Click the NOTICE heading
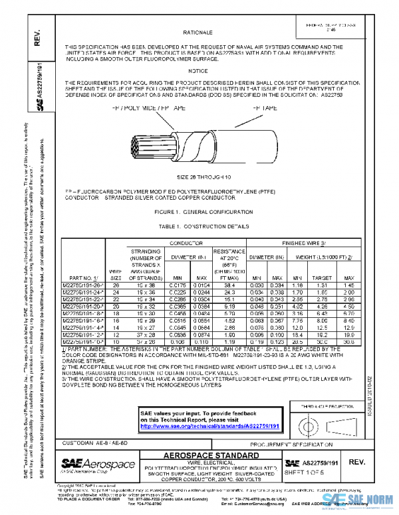[x=198, y=70]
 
